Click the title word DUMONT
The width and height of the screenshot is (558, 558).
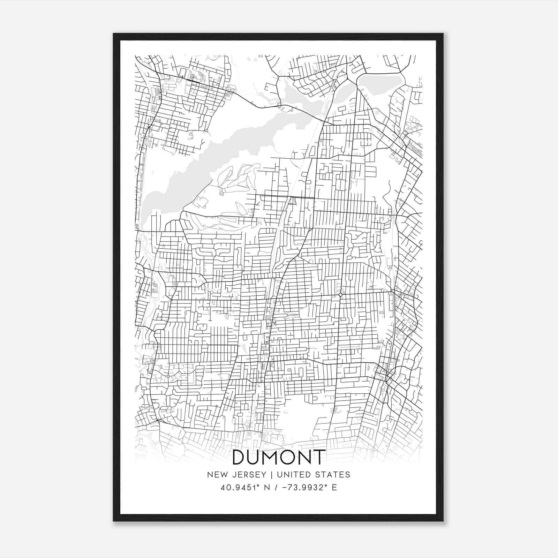point(279,457)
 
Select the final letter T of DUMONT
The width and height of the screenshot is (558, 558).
point(319,457)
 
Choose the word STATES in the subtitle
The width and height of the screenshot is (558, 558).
point(333,475)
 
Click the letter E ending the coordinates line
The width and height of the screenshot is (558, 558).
point(334,488)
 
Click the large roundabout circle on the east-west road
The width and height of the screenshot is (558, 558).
point(340,295)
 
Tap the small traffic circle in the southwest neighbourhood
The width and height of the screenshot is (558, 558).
point(168,376)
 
